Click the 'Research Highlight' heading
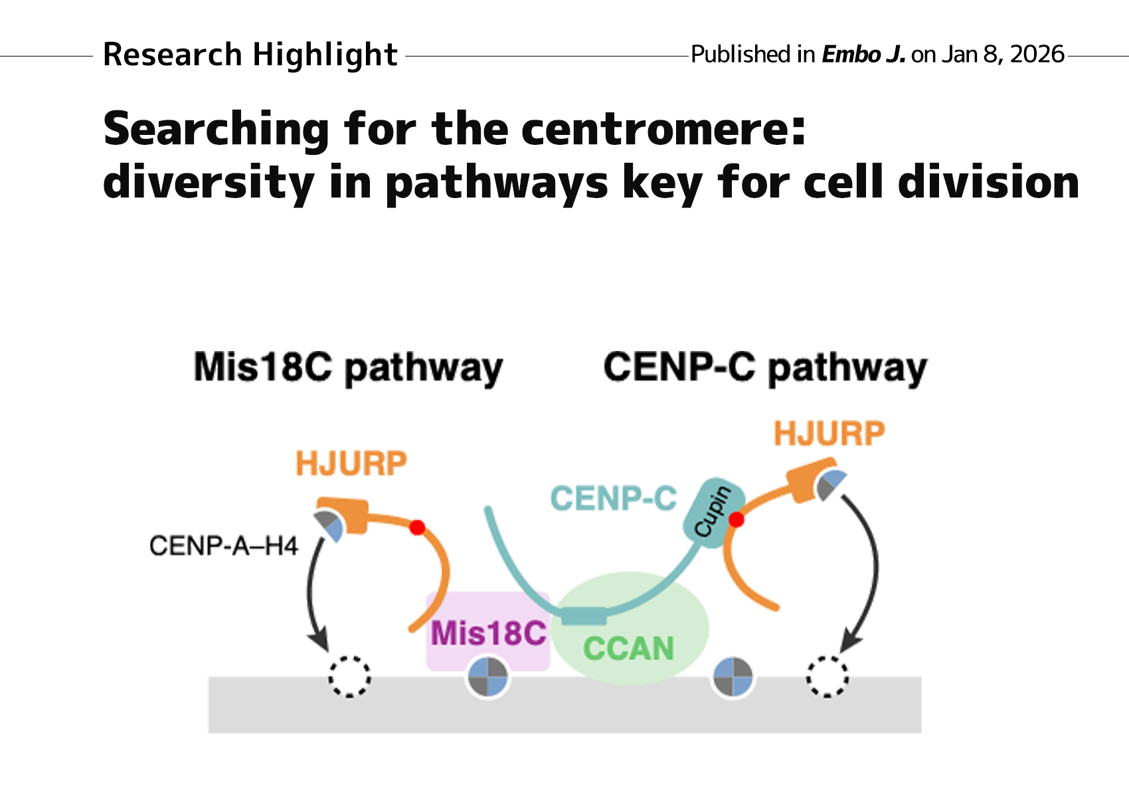(x=250, y=55)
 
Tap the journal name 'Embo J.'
(x=863, y=55)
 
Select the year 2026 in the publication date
(x=1037, y=55)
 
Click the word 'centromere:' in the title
(x=663, y=129)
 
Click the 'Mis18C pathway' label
(x=348, y=368)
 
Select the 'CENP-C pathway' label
(x=764, y=368)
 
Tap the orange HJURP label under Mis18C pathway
(x=351, y=463)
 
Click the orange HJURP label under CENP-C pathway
(x=829, y=433)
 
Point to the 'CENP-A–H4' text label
(x=224, y=546)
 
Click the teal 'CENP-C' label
(x=613, y=499)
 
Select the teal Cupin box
(x=713, y=512)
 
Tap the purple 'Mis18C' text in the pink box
(x=488, y=632)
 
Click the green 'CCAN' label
(x=628, y=649)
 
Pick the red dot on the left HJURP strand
(x=417, y=528)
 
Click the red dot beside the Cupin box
(x=736, y=519)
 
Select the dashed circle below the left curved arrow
(x=349, y=677)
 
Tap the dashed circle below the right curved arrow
(x=827, y=677)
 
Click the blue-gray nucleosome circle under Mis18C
(x=488, y=677)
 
